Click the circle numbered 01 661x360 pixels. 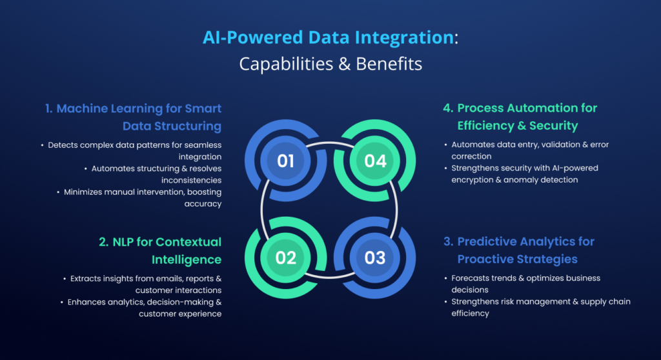(285, 161)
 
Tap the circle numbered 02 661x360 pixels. (285, 257)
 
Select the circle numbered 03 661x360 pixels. (375, 257)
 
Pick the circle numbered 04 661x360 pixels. (375, 161)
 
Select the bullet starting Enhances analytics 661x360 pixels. (145, 302)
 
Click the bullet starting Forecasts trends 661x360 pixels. (525, 278)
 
